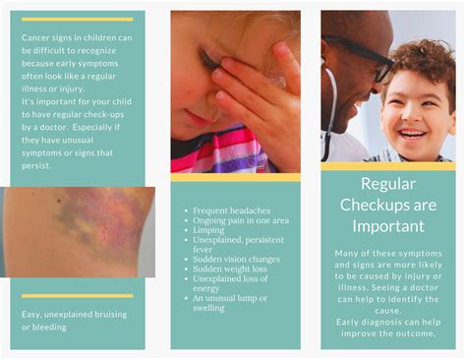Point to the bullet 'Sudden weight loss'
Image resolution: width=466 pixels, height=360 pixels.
(228, 269)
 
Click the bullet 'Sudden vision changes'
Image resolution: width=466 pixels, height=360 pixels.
(236, 259)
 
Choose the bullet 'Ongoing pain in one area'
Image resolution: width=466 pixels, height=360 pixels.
(239, 220)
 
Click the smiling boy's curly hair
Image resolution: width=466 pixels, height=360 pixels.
(420, 59)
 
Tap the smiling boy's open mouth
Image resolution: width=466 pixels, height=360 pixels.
(412, 133)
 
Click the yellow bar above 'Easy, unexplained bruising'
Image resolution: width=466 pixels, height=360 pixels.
(77, 295)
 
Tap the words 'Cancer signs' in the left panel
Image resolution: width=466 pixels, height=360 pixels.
(47, 38)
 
